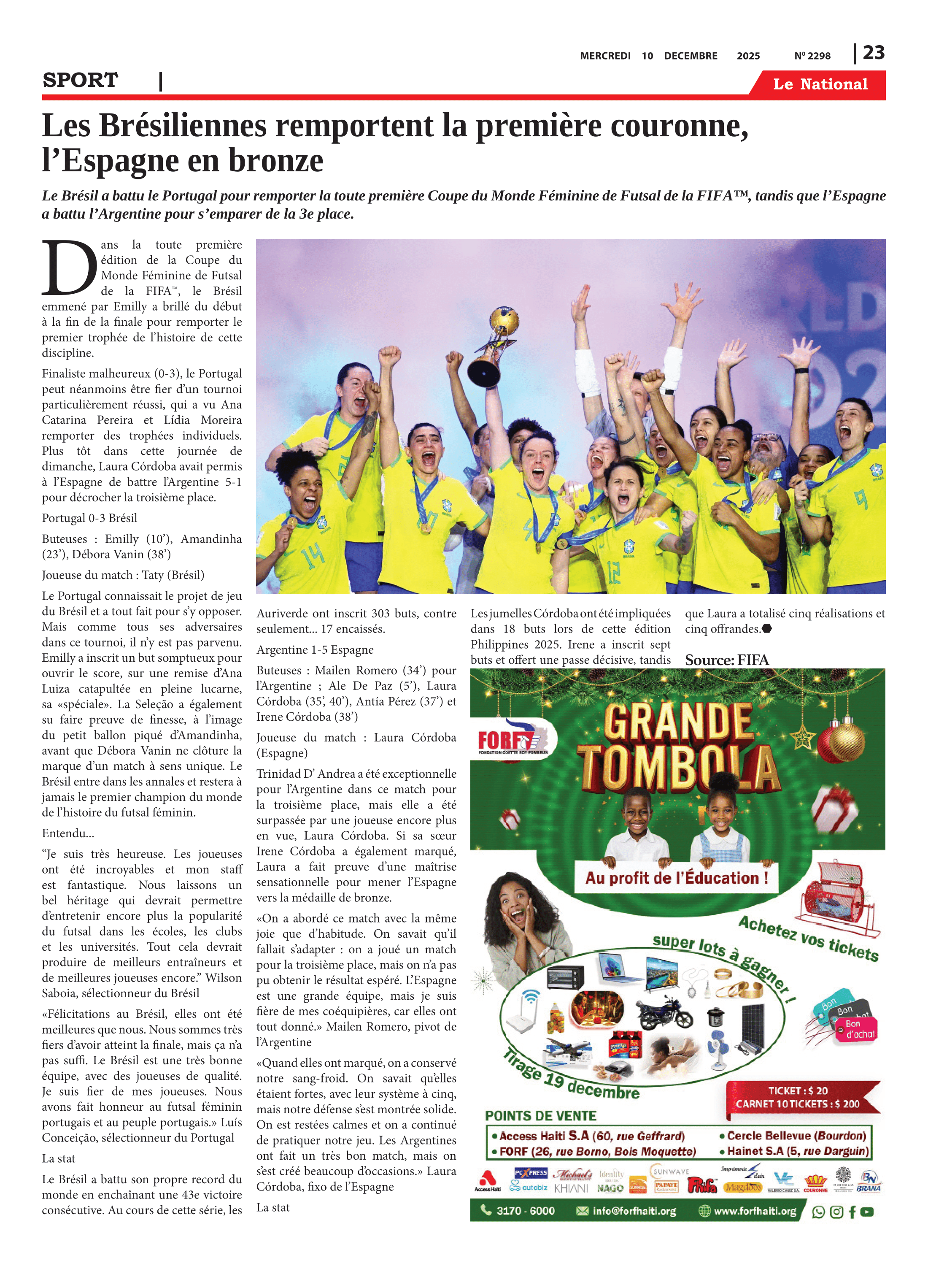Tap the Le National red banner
click(x=820, y=84)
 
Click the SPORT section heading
click(x=80, y=80)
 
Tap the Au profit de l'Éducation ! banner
click(x=676, y=878)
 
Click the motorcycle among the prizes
click(x=665, y=1014)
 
